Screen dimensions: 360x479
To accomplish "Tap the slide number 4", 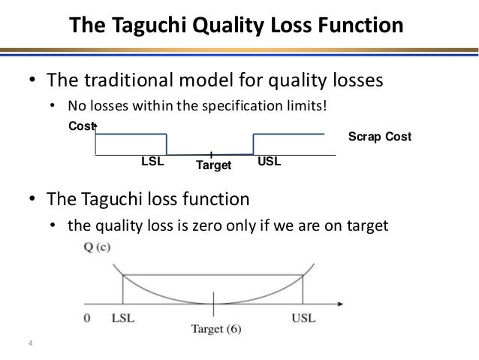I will point(30,345).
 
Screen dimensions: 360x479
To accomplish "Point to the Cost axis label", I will point(81,127).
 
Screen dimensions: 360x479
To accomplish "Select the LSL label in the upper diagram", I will point(152,162).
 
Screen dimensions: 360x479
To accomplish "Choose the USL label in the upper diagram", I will point(269,162).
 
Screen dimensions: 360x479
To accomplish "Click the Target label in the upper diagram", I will point(212,165).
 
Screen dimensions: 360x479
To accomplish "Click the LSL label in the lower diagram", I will point(124,318).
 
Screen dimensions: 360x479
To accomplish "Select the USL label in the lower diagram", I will point(304,318).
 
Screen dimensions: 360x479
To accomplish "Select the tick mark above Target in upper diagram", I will point(212,153).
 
